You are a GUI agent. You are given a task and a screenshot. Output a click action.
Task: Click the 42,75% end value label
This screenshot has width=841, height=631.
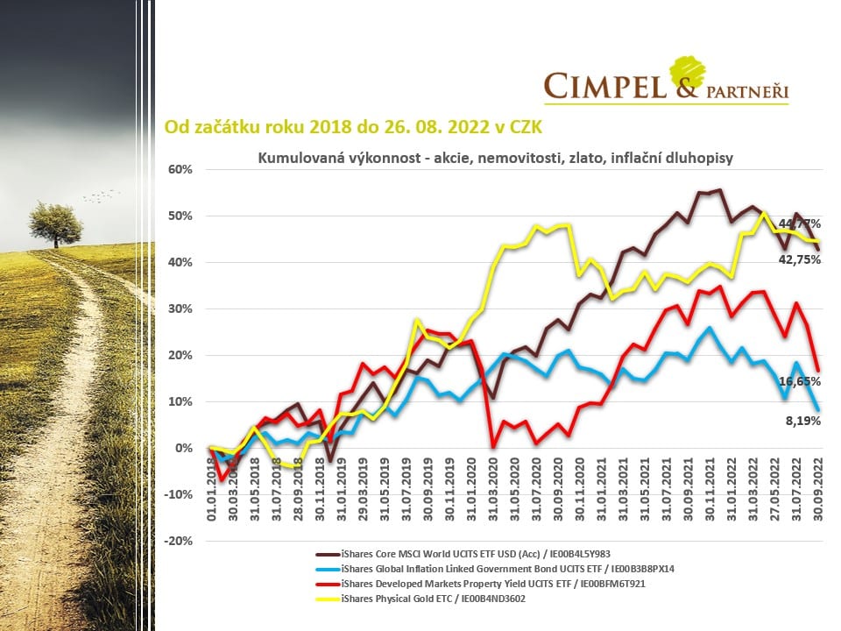coord(799,260)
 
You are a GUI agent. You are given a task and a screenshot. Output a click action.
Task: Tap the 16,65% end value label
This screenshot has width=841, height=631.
coord(799,382)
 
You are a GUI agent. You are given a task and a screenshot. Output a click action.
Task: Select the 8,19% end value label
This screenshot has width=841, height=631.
coord(802,421)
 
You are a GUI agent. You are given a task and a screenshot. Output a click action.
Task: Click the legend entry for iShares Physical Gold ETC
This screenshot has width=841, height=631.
coord(422,599)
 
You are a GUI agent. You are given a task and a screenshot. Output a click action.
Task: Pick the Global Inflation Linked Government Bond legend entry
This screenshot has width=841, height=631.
coord(497,569)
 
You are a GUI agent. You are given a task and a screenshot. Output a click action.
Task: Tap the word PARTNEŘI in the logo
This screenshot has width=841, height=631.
coord(743,89)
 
